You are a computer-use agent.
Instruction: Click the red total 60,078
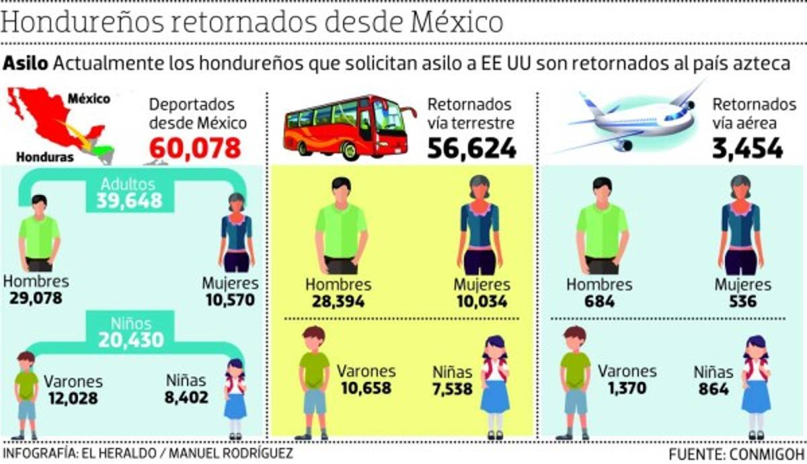coord(194,147)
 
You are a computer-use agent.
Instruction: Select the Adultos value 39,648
coord(129,200)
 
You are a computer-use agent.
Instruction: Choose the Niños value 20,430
coord(130,340)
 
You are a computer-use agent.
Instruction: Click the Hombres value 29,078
coord(36,298)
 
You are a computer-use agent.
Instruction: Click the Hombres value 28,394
coord(338,301)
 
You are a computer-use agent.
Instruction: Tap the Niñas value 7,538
coord(452,389)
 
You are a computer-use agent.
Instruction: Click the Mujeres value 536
coord(742,301)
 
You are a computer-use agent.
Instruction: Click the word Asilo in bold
coord(26,63)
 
